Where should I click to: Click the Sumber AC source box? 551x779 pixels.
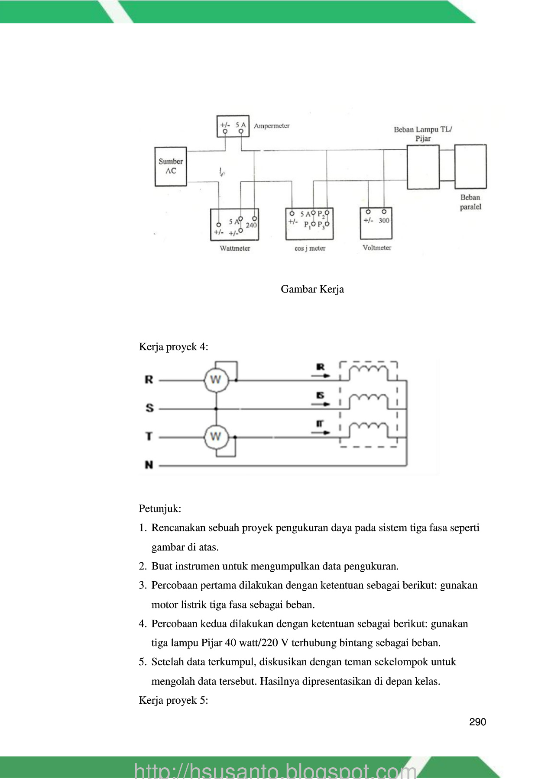point(171,166)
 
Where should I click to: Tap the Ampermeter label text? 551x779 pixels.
point(272,126)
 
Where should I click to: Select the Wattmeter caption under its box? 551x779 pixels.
point(235,248)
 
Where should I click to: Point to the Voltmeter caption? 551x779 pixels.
point(377,248)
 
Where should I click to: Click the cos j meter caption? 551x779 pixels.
point(310,248)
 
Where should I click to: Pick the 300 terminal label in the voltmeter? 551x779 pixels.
point(384,221)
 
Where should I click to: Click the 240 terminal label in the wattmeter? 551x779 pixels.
point(251,225)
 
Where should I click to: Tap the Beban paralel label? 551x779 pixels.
point(470,202)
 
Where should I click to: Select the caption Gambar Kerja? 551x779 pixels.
point(312,289)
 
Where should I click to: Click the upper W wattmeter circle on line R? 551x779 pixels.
point(216,380)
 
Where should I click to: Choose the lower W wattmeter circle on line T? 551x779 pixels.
point(216,437)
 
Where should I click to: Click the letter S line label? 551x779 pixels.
point(149,408)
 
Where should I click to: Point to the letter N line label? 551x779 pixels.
point(149,465)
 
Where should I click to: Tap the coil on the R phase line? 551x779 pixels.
point(369,371)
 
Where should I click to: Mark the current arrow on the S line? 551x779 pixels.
point(321,404)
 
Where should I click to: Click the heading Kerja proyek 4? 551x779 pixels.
point(173,347)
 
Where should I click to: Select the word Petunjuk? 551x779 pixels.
point(160,509)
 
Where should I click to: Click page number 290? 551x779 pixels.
point(477,722)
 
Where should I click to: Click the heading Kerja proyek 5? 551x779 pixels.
point(173,700)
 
